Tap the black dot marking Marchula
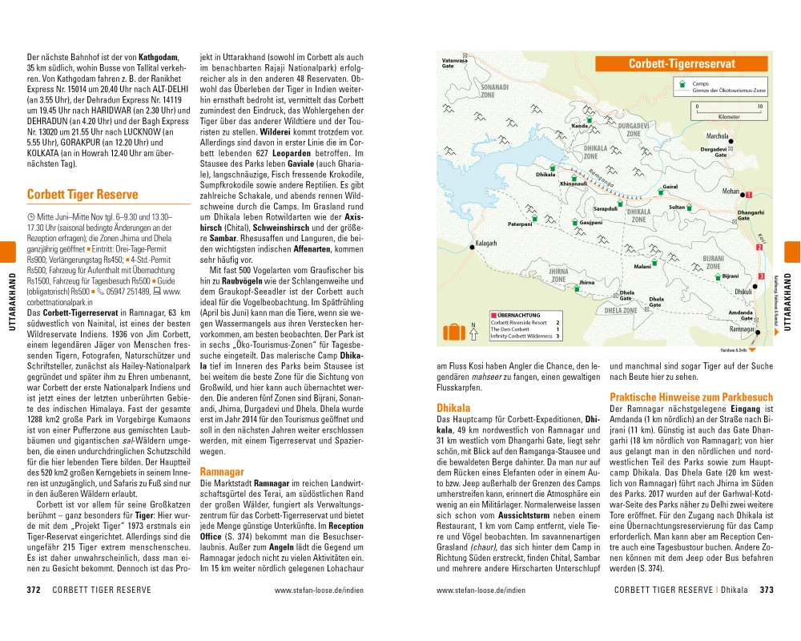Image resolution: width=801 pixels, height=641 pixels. [x=731, y=141]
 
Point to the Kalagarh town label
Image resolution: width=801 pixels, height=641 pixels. [x=486, y=242]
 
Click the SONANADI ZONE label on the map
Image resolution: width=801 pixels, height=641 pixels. [x=493, y=89]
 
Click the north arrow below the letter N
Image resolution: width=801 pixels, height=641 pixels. [x=473, y=334]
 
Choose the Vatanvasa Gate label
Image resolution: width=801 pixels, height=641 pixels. [x=453, y=63]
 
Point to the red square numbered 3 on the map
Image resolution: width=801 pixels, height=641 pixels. [x=760, y=276]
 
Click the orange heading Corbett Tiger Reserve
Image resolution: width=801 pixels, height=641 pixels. [x=82, y=194]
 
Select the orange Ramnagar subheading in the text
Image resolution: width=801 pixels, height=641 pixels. [x=222, y=472]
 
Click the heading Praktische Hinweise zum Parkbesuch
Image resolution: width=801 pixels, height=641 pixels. [x=691, y=397]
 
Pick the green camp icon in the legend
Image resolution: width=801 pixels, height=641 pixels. [x=682, y=83]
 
